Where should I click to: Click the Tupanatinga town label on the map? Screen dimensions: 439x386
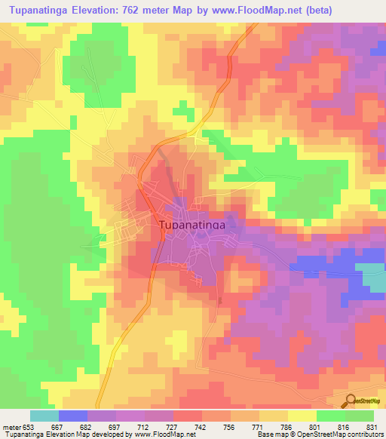coord(192,224)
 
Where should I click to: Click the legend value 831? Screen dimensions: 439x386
coord(373,427)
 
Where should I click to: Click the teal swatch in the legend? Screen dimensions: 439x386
coord(44,416)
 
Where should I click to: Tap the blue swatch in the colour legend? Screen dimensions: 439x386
coord(72,416)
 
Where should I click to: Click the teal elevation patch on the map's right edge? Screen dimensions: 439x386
coord(374,280)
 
